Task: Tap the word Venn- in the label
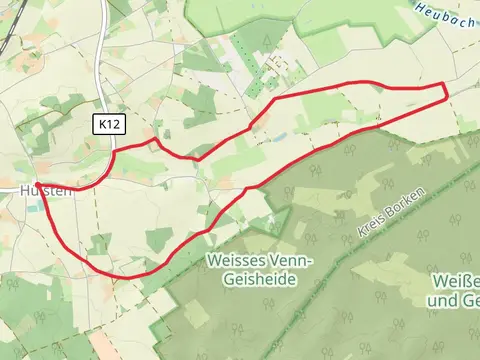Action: click(x=290, y=260)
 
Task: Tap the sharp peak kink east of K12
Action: click(x=154, y=140)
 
